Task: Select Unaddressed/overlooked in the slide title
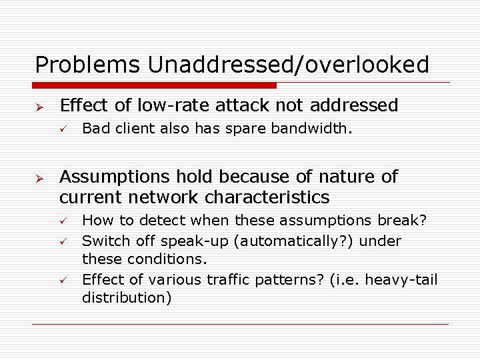pyautogui.click(x=288, y=65)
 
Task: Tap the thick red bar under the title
pyautogui.click(x=155, y=85)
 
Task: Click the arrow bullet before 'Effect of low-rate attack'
pyautogui.click(x=39, y=106)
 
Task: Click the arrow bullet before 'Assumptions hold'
pyautogui.click(x=39, y=177)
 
